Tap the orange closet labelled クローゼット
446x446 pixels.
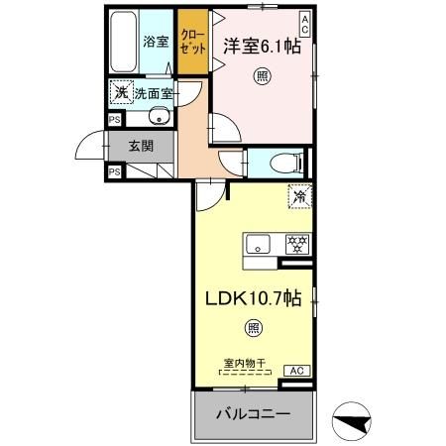click(191, 42)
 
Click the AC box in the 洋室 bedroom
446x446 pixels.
click(304, 23)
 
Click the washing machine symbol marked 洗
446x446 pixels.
click(121, 92)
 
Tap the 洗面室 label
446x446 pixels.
click(154, 94)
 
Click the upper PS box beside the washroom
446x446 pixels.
click(113, 119)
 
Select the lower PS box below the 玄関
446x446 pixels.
click(113, 170)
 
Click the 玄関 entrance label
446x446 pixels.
click(141, 145)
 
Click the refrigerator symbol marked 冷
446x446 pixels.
click(297, 197)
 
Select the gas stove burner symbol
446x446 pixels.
click(294, 244)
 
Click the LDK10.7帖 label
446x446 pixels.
click(255, 297)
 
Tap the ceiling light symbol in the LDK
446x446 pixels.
click(254, 328)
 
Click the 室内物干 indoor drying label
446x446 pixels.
click(244, 364)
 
